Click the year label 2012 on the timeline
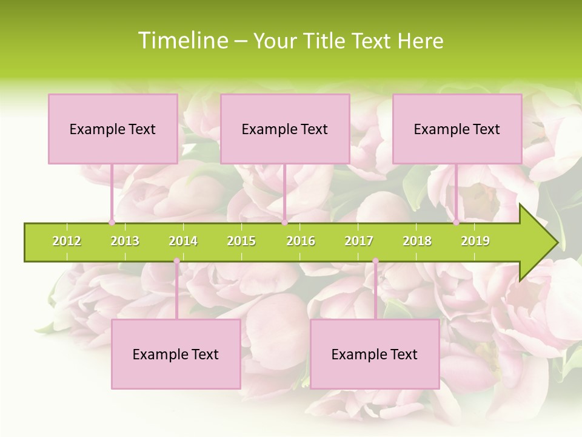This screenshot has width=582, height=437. coord(67,241)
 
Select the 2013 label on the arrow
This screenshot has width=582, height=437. coord(125,241)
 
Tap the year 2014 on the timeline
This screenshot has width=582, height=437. coord(183,241)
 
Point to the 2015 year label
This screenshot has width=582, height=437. coord(241,241)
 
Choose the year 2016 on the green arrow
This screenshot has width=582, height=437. coord(301,241)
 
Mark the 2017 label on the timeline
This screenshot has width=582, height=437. coord(359,241)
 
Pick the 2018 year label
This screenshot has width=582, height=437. coord(417,241)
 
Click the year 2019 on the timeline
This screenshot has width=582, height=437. coord(475,241)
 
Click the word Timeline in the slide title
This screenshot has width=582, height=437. coord(182,41)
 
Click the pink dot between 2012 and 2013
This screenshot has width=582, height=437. coord(112,222)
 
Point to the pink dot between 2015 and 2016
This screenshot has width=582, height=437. coord(284,222)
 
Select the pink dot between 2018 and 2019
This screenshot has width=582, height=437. coord(457,222)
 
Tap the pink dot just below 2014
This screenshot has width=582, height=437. coord(176,261)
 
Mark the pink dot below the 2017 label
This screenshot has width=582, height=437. coord(375,261)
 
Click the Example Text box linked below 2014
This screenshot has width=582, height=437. coord(176,354)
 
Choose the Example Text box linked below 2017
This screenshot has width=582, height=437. coord(375,354)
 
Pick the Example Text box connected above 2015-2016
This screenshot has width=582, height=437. coord(285,129)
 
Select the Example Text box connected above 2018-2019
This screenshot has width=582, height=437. coord(457,129)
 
